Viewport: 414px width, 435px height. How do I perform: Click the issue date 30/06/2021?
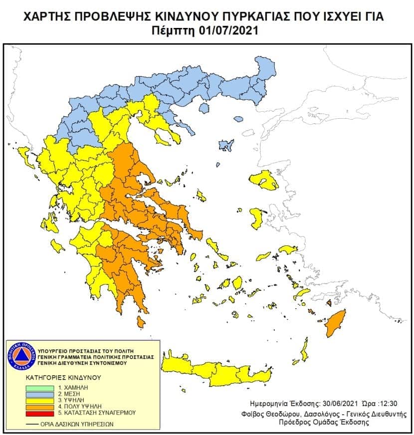coord(333,403)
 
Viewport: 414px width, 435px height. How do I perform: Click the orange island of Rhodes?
coord(335,322)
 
